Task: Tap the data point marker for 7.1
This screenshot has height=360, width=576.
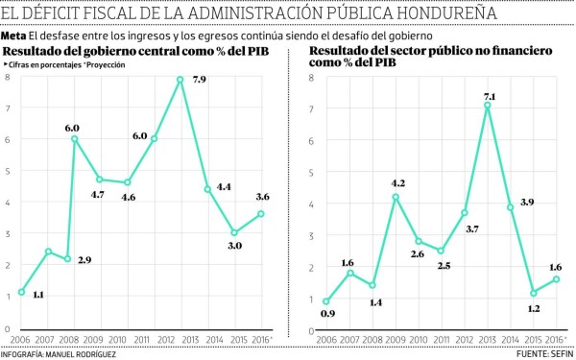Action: tap(488, 105)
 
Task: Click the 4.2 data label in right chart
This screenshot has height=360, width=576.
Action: tap(396, 182)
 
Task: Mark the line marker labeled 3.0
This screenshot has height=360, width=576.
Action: tap(234, 232)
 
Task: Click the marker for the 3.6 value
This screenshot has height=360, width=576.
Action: tap(261, 213)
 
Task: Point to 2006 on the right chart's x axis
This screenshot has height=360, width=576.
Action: tap(326, 341)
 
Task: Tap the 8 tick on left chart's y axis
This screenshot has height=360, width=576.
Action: tap(8, 76)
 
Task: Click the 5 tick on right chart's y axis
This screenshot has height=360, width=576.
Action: tap(310, 172)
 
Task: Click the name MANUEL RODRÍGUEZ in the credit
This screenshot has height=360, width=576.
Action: tap(89, 354)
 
